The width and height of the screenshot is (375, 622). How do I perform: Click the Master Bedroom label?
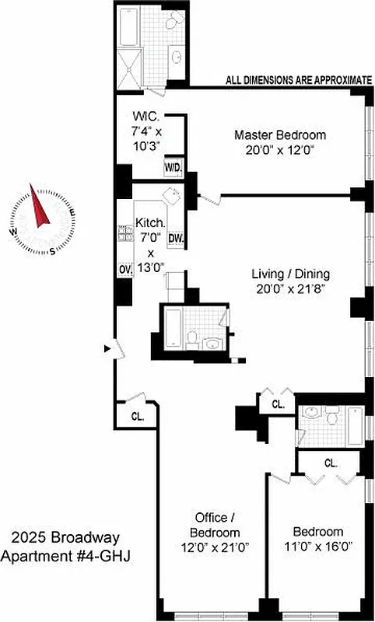click(x=280, y=135)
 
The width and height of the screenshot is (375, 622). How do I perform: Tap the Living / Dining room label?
click(x=290, y=274)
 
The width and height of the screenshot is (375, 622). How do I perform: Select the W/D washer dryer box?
click(x=173, y=166)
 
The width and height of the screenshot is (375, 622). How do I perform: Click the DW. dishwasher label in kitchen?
click(x=175, y=238)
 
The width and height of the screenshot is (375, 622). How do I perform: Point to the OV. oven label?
click(x=124, y=268)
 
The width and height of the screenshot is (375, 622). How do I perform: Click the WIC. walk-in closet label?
click(x=145, y=118)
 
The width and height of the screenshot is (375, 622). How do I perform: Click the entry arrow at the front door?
click(x=107, y=349)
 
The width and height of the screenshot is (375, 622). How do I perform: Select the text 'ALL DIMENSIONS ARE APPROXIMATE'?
click(x=299, y=79)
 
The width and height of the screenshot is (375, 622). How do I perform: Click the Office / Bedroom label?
click(x=215, y=525)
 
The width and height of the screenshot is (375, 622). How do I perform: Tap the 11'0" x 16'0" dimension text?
click(x=315, y=547)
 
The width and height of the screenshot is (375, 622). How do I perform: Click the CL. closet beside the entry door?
click(x=137, y=416)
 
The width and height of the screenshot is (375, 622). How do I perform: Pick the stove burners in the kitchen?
click(x=124, y=233)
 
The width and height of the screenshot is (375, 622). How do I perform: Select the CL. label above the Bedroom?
click(x=330, y=463)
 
